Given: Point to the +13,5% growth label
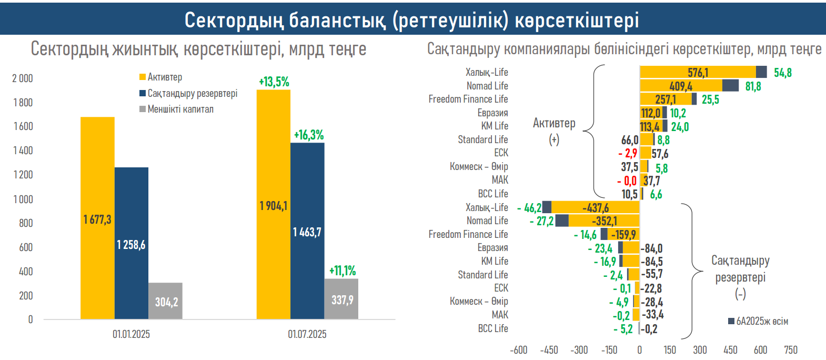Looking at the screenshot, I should pyautogui.click(x=274, y=82).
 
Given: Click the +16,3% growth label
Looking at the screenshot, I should pyautogui.click(x=308, y=135).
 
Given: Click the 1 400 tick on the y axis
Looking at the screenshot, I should pyautogui.click(x=23, y=151).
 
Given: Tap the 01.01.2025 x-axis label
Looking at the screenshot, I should pyautogui.click(x=131, y=334).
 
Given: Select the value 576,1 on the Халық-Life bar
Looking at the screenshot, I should pyautogui.click(x=698, y=73).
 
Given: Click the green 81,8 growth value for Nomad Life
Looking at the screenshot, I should pyautogui.click(x=753, y=86).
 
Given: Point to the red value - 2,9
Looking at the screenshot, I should pyautogui.click(x=628, y=153).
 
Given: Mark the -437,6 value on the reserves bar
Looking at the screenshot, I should pyautogui.click(x=596, y=208).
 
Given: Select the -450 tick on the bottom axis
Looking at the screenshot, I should pyautogui.click(x=549, y=350).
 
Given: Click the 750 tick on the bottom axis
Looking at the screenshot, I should pyautogui.click(x=790, y=350).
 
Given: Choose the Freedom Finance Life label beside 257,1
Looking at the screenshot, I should pyautogui.click(x=468, y=99).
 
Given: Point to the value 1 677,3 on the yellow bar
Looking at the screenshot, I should pyautogui.click(x=97, y=219).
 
